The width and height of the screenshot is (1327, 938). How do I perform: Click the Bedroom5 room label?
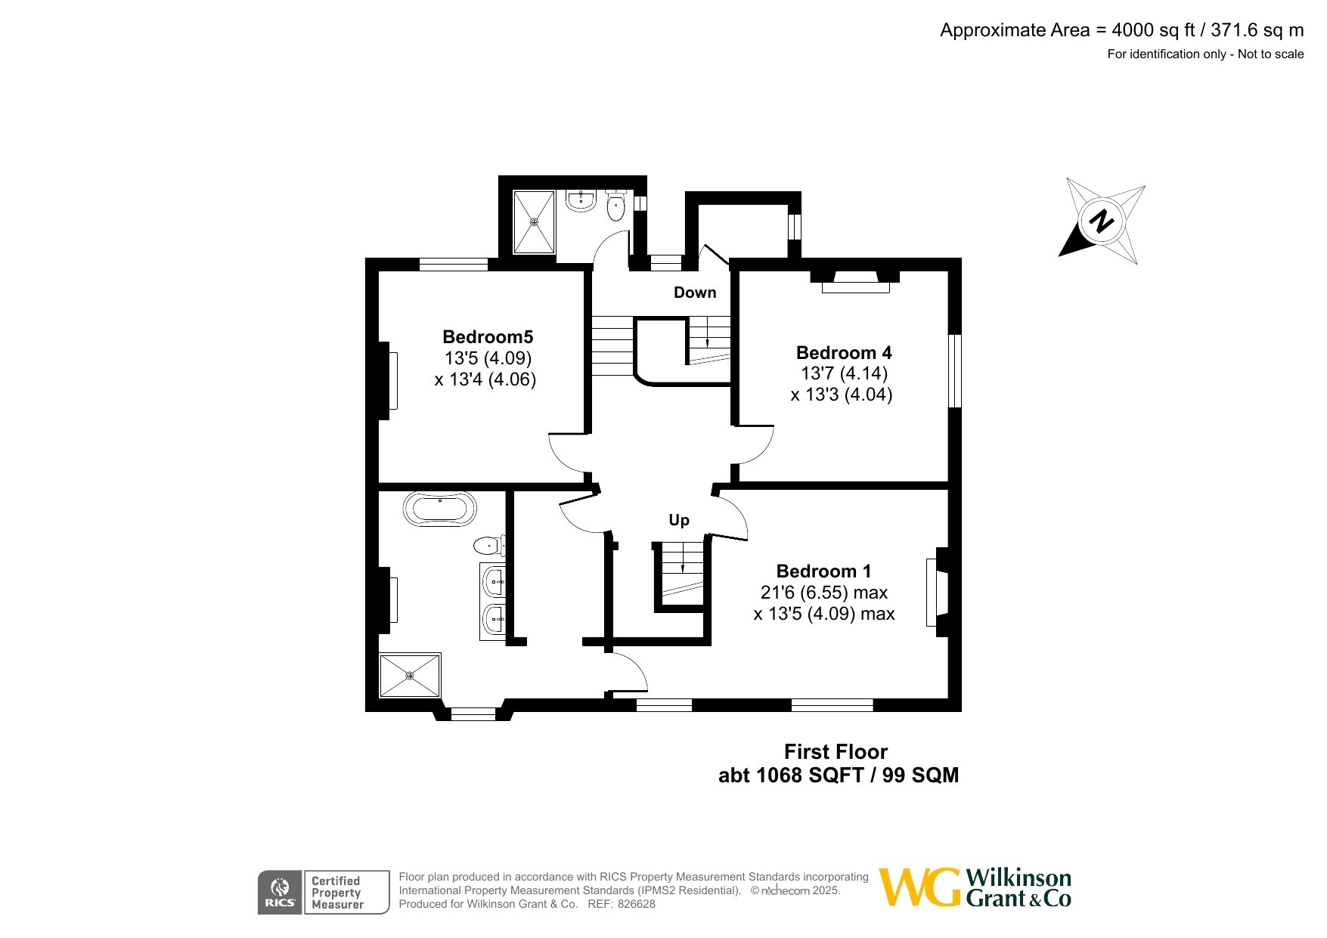[x=488, y=337]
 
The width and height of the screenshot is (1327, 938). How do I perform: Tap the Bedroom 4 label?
[x=844, y=353]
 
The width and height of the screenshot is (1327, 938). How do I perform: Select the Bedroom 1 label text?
[x=823, y=571]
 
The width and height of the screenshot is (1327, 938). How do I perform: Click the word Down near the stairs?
[x=695, y=293]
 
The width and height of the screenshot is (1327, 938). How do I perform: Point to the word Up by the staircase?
[x=679, y=520]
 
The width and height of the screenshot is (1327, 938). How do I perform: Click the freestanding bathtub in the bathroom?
[x=440, y=509]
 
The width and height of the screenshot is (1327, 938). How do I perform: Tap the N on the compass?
[x=1102, y=221]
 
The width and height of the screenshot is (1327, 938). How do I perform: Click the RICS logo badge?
[x=280, y=893]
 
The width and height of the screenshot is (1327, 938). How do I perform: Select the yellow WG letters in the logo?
[x=921, y=887]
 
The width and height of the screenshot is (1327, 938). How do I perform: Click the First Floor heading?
[x=836, y=752]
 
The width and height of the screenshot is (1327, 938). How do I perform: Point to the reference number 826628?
[x=637, y=904]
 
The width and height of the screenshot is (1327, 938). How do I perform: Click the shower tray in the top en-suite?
[x=534, y=222]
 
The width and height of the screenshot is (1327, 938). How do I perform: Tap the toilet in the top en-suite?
[x=616, y=206]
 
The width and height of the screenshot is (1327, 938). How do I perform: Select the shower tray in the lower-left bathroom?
[x=410, y=675]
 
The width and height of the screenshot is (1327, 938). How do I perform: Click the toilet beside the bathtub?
[x=490, y=544]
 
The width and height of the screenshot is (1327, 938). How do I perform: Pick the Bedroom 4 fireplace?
[x=856, y=282]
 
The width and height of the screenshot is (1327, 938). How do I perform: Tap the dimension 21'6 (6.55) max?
[x=824, y=593]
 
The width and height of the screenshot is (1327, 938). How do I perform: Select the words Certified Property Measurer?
[x=337, y=893]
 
